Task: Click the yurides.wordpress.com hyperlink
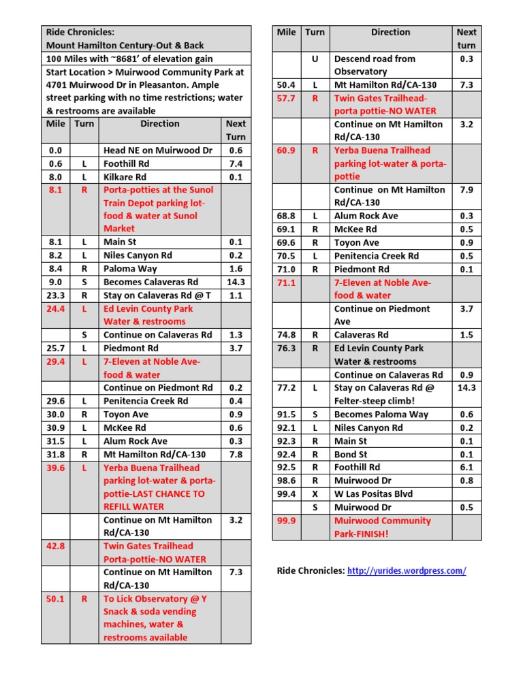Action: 407,571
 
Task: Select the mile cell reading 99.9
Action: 286,521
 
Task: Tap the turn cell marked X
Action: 315,494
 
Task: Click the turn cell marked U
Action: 315,59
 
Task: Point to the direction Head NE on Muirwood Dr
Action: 158,150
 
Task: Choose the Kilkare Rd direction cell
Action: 125,177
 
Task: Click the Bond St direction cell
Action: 351,455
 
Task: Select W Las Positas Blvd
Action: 373,494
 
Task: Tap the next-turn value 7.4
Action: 236,164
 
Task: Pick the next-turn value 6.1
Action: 466,468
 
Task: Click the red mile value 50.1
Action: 55,599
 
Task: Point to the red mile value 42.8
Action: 55,546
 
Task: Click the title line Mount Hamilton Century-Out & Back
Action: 125,46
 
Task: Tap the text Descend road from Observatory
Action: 375,65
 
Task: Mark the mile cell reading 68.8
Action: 286,216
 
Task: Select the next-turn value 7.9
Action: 466,190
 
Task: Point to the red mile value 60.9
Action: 286,150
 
